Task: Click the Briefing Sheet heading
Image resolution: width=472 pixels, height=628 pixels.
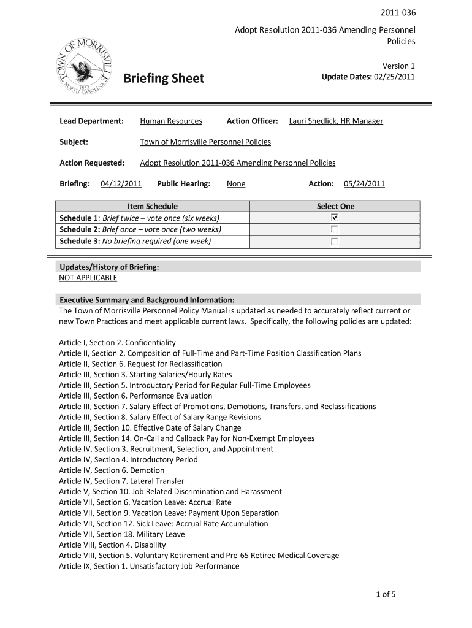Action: click(164, 79)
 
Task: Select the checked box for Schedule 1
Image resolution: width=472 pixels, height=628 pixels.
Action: click(335, 218)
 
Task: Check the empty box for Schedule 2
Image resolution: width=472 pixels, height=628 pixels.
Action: click(335, 229)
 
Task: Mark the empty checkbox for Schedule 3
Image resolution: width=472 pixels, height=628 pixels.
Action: click(335, 241)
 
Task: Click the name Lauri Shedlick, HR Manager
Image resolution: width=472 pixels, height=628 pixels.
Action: click(336, 121)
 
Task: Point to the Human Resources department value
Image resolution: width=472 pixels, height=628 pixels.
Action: click(170, 121)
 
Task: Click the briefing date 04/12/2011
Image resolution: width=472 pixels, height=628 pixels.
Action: click(121, 183)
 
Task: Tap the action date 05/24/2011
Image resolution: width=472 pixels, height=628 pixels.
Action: click(364, 183)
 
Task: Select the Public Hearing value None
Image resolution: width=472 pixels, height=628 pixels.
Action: click(236, 183)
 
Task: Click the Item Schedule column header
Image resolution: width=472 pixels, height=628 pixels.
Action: click(152, 206)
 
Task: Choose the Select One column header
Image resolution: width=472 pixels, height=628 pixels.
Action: click(335, 206)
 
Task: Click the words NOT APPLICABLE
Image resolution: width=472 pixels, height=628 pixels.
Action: click(88, 278)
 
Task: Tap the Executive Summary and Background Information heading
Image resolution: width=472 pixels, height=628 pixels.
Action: click(147, 300)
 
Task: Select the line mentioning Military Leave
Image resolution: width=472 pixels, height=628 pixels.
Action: click(121, 534)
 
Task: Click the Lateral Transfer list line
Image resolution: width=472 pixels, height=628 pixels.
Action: click(121, 481)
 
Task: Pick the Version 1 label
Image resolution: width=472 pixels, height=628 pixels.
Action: click(399, 66)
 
